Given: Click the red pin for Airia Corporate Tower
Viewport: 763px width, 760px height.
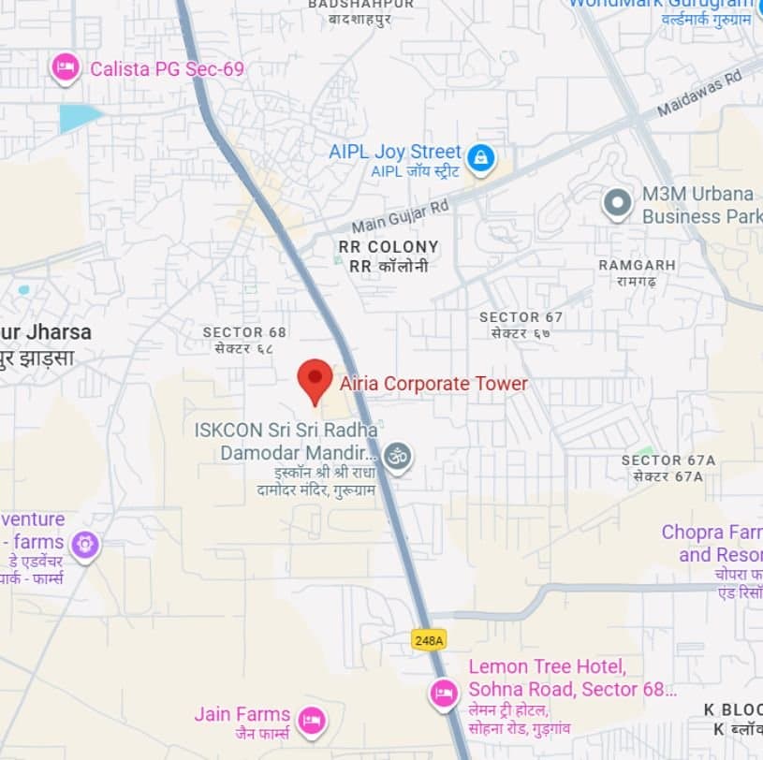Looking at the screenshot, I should coord(315,379).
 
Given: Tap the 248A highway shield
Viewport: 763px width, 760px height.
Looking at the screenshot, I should coord(429,639).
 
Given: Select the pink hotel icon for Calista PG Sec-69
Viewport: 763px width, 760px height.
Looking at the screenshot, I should coord(65,67).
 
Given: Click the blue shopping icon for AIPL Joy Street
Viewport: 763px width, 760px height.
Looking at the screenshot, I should coord(481,157).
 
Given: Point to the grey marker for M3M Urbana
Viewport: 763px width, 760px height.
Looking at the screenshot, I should coord(617,203).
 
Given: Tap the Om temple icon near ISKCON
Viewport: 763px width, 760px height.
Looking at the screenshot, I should coord(398,456).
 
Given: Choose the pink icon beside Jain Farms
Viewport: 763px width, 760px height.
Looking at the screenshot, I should coord(310,720).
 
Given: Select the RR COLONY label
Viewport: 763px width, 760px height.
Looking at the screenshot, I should coord(389,247).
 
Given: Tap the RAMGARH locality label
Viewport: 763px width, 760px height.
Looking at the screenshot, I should coord(637,266).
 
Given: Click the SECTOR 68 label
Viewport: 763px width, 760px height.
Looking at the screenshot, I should coord(244,332).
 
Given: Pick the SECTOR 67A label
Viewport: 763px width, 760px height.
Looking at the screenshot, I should coord(668,460).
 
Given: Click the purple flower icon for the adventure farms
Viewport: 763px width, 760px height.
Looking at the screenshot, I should coord(85,544).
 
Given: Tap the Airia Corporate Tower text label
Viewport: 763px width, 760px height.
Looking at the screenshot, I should coord(433,384).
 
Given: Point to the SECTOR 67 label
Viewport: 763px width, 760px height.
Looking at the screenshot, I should coord(521,317).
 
